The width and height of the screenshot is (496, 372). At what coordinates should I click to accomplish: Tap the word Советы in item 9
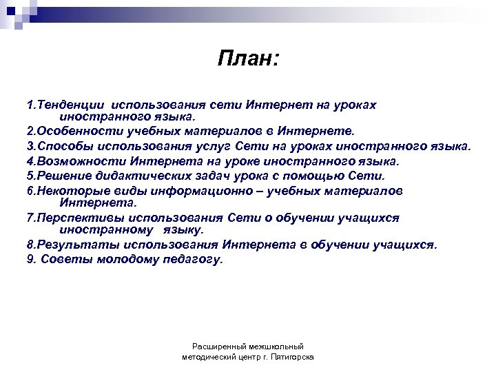(x=65, y=260)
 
